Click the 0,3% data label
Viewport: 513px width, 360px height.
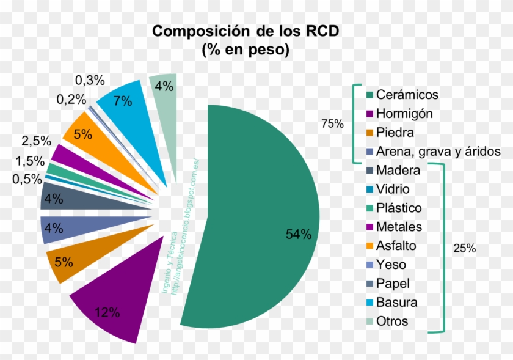90,80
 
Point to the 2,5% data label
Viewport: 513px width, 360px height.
36,141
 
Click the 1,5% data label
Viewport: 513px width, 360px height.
29,161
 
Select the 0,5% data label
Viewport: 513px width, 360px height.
27,179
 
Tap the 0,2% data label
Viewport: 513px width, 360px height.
71,99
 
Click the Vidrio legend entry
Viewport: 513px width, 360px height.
393,189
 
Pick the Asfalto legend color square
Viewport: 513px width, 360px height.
369,246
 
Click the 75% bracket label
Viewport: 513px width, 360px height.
332,124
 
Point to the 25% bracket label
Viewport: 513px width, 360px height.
465,249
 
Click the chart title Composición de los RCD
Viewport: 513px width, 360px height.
245,31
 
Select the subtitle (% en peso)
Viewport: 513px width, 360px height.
245,51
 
